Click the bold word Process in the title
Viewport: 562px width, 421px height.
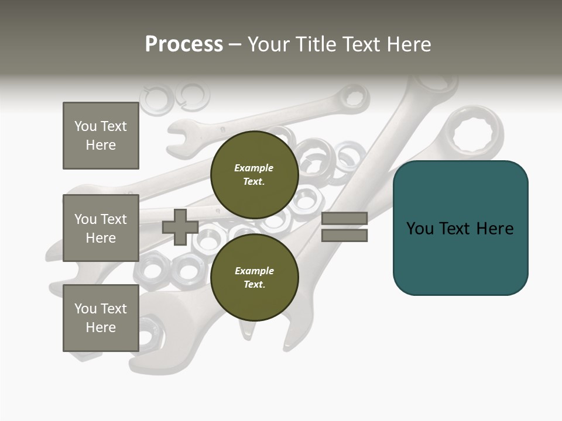click(184, 44)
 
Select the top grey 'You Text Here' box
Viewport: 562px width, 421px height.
click(101, 136)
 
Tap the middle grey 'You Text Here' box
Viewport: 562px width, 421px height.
click(101, 228)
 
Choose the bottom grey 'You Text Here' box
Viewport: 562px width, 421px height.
click(101, 318)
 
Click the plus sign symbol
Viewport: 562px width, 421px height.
click(180, 227)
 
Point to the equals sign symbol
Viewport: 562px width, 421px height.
click(344, 227)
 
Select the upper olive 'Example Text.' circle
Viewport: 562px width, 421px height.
click(254, 174)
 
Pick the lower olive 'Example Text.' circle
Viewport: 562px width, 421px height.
click(254, 277)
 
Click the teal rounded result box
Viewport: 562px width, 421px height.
click(460, 228)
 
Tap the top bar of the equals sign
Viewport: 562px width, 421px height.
click(344, 218)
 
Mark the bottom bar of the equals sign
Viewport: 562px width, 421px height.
click(344, 236)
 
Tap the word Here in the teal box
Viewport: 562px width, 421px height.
click(495, 229)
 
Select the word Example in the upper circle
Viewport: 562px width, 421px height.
click(254, 168)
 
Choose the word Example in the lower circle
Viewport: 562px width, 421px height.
click(254, 271)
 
